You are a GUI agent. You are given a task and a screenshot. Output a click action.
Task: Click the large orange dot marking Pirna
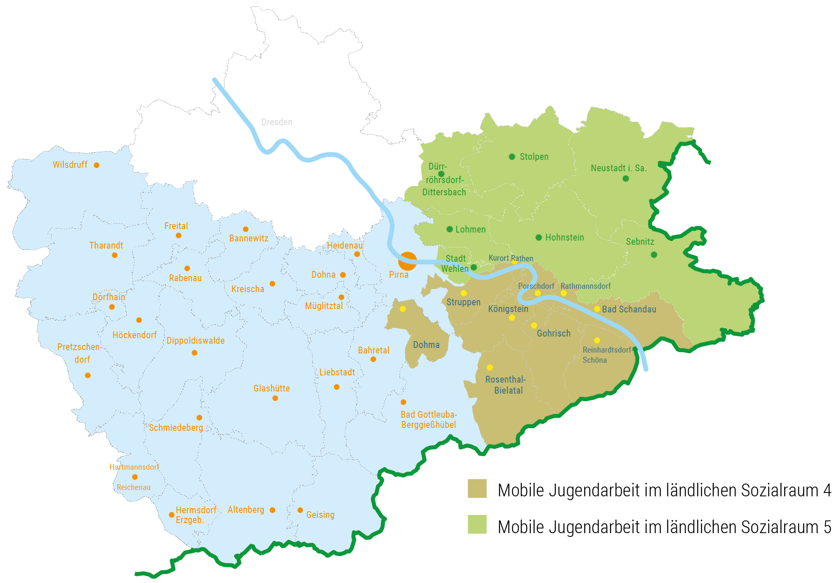point(408,261)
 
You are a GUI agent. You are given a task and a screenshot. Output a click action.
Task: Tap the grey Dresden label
point(276,122)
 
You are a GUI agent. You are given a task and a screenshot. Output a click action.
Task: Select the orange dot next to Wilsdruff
point(96,165)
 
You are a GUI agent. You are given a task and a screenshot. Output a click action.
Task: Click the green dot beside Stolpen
point(512,157)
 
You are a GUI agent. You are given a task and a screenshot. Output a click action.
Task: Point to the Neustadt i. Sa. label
point(618,168)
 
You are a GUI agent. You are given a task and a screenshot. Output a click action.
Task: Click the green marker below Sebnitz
point(654,255)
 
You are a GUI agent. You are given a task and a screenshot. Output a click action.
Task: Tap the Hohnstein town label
point(564,238)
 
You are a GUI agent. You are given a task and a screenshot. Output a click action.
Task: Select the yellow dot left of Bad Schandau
point(597,309)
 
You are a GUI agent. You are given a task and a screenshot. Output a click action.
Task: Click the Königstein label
point(508,309)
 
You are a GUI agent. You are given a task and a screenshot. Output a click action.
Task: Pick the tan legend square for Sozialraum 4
point(477,489)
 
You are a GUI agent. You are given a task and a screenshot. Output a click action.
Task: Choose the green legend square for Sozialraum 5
point(477,525)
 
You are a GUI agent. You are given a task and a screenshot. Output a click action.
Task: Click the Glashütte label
point(271,389)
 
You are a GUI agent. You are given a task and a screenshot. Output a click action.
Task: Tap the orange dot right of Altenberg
point(272,510)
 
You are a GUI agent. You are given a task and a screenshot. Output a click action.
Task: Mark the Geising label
point(320,515)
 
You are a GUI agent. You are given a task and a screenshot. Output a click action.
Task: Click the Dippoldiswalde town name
point(195,341)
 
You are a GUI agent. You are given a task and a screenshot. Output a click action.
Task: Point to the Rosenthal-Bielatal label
point(506,385)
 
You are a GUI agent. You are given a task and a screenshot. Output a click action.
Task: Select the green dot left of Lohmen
point(450,229)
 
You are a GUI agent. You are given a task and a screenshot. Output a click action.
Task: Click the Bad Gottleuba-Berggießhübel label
point(429,419)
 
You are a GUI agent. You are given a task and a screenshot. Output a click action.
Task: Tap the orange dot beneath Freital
point(178,235)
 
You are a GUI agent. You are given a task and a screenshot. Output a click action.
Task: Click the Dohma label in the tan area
point(426,345)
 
